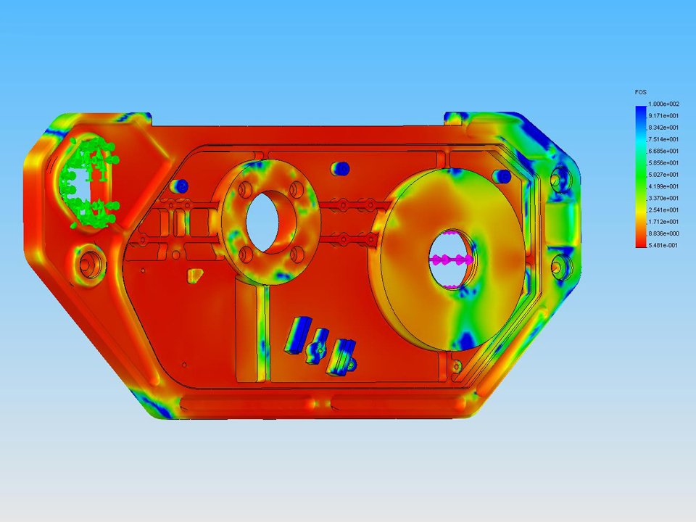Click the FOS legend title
[640, 92]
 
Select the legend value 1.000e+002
[663, 104]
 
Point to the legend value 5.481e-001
[663, 245]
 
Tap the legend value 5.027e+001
[663, 175]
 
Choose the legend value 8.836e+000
[663, 233]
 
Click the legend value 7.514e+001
[663, 139]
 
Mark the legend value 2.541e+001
[663, 210]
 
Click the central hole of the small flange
[262, 221]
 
